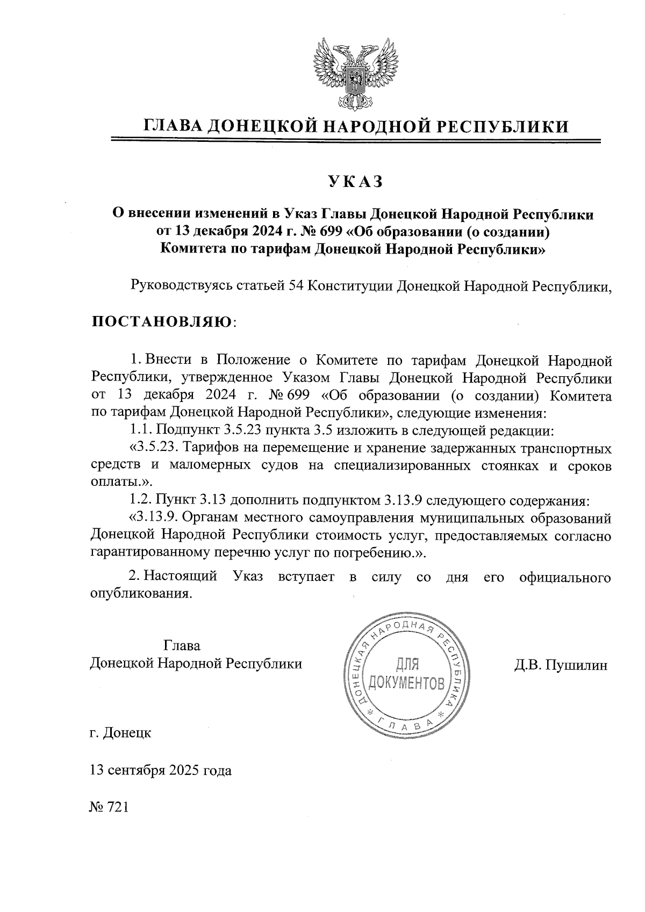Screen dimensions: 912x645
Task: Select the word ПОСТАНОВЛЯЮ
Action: tap(162, 322)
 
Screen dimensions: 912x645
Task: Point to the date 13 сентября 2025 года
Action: tap(161, 770)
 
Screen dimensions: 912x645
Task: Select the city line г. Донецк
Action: tap(121, 732)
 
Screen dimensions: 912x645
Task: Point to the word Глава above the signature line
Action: tap(182, 645)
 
